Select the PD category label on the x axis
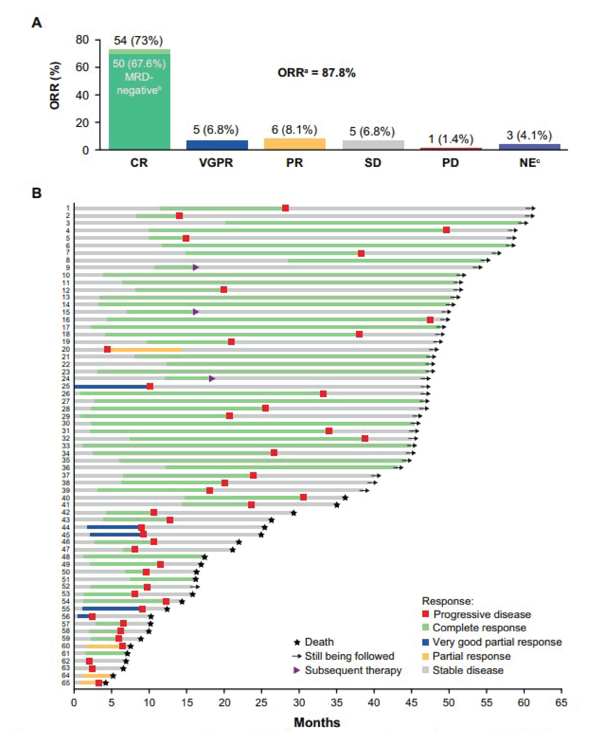point(451,162)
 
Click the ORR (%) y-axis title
point(55,86)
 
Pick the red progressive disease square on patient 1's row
point(285,208)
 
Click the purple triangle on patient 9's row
point(195,267)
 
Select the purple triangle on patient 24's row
point(212,379)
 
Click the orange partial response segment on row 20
point(146,349)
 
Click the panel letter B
point(36,193)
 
